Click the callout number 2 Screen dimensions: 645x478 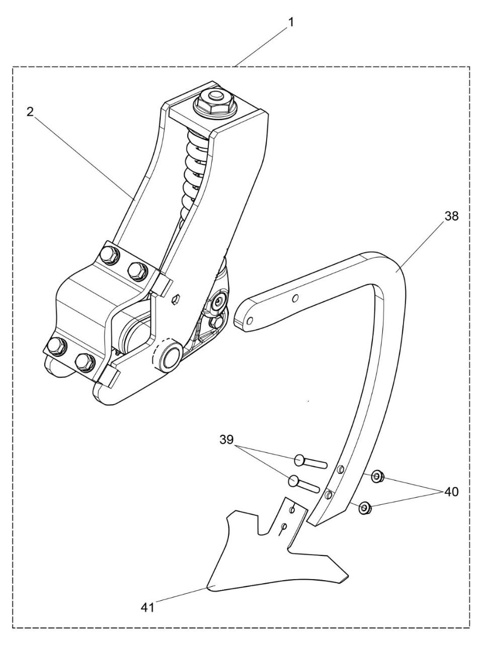coord(31,112)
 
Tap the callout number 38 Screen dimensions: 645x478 coord(451,217)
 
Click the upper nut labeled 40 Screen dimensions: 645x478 coord(377,476)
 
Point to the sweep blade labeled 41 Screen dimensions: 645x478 coord(252,563)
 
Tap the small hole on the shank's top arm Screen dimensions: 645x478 coord(296,299)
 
